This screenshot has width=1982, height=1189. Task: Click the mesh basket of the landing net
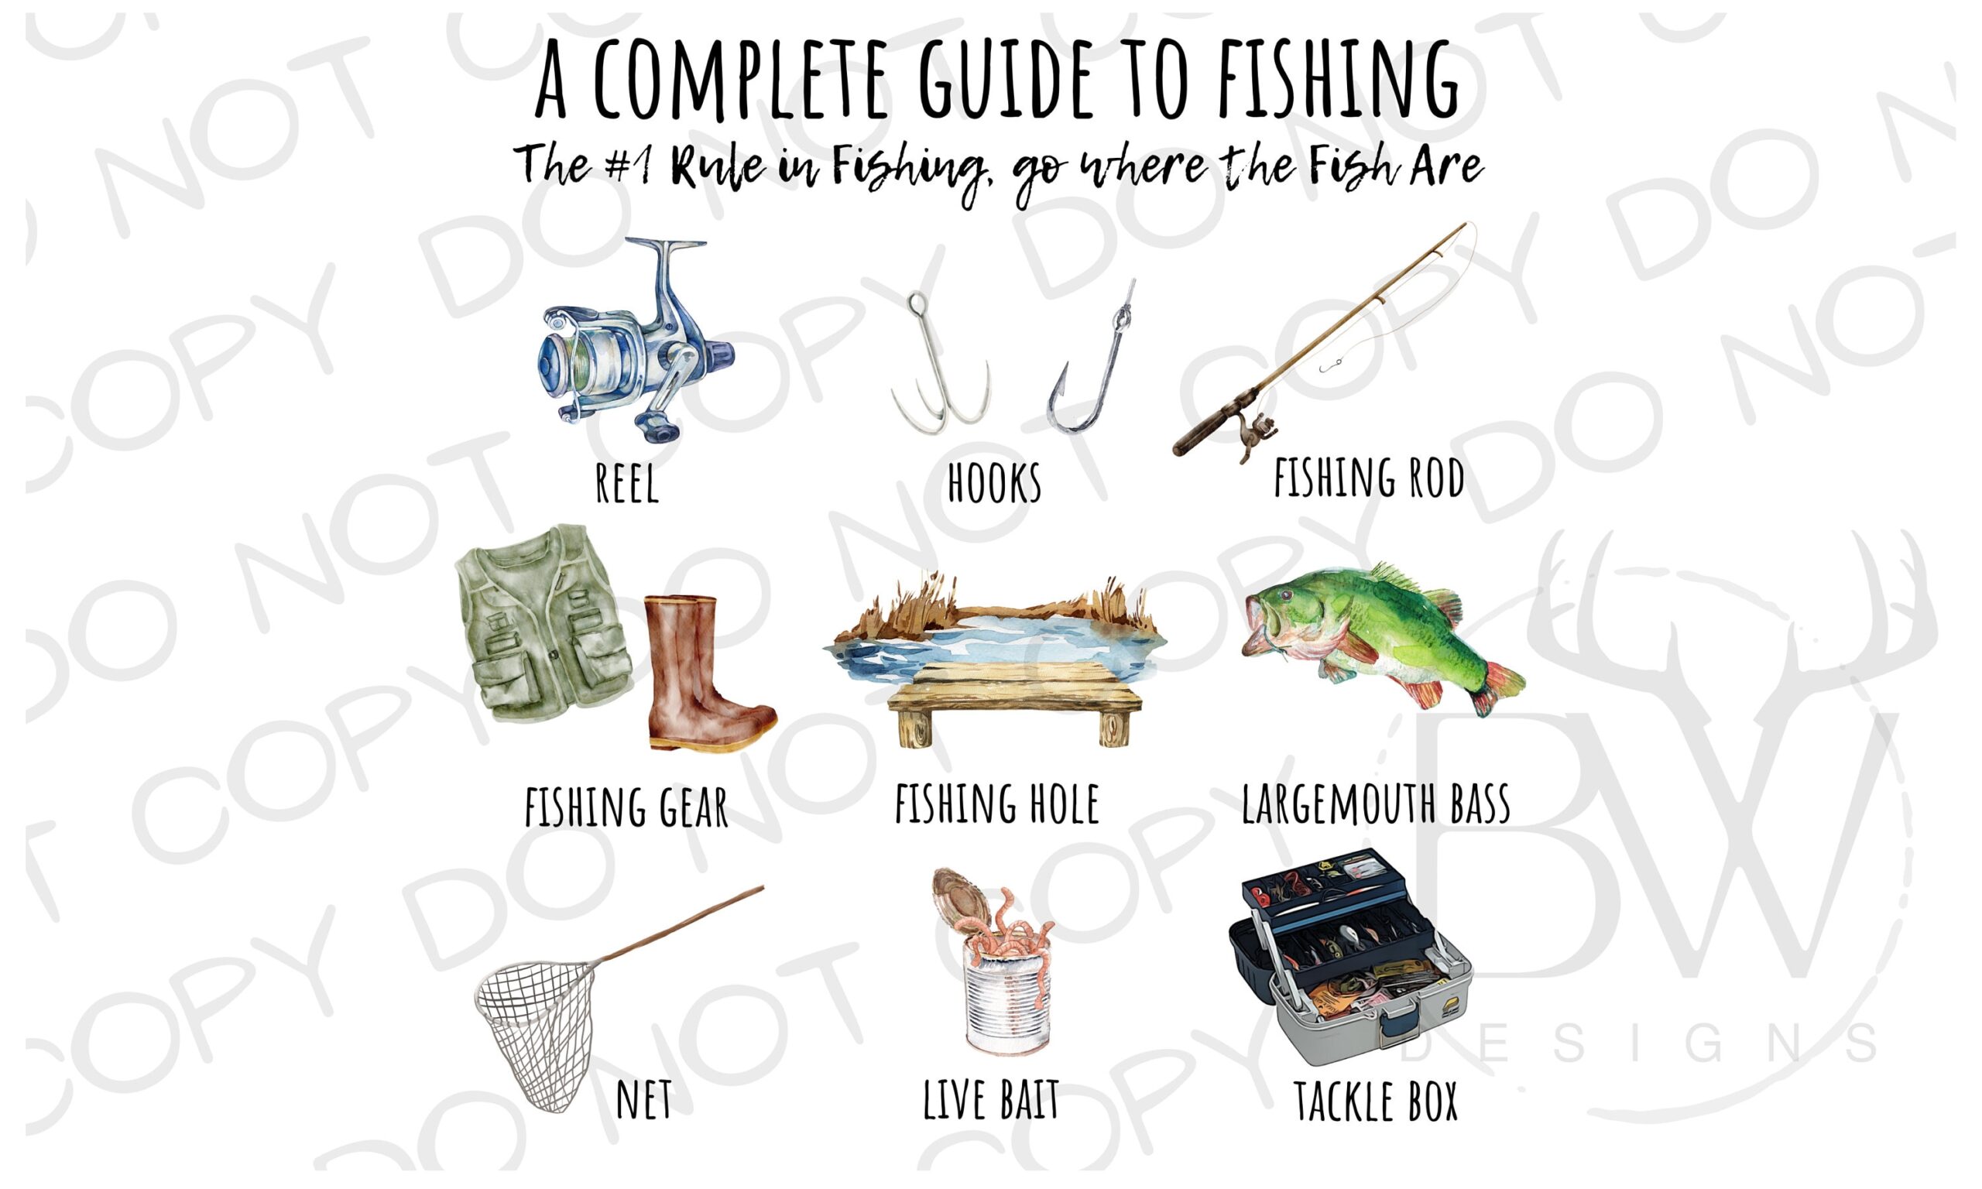coord(537,1033)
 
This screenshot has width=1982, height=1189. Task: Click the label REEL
coord(627,483)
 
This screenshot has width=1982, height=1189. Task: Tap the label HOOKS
coord(994,483)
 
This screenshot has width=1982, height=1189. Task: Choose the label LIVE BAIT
coord(991,1100)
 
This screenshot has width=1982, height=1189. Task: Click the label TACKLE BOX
coord(1376,1102)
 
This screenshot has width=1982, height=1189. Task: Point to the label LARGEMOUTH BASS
coord(1376,804)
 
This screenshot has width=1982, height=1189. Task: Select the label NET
coord(644,1100)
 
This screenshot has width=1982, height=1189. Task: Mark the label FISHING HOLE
coord(996,804)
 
